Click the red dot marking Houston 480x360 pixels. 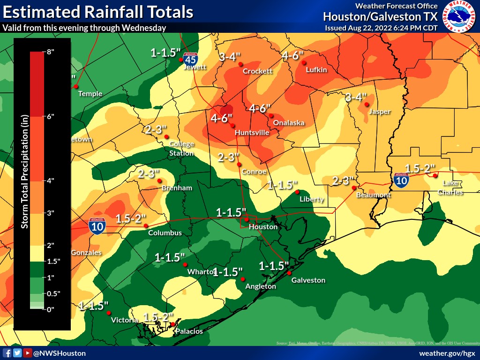point(247,220)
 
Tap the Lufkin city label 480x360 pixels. point(316,70)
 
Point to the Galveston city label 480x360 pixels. point(308,280)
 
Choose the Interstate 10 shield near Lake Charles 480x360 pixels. point(401,180)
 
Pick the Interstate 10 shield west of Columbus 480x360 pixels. point(97,225)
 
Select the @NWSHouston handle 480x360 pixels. point(59,353)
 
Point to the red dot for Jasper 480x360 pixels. point(367,105)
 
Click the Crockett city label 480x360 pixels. point(257,71)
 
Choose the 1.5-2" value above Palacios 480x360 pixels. point(158,317)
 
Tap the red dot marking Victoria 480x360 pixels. point(108,313)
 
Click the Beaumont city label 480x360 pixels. point(373,195)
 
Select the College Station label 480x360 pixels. point(181,149)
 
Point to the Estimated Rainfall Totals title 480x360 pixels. point(97,12)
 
